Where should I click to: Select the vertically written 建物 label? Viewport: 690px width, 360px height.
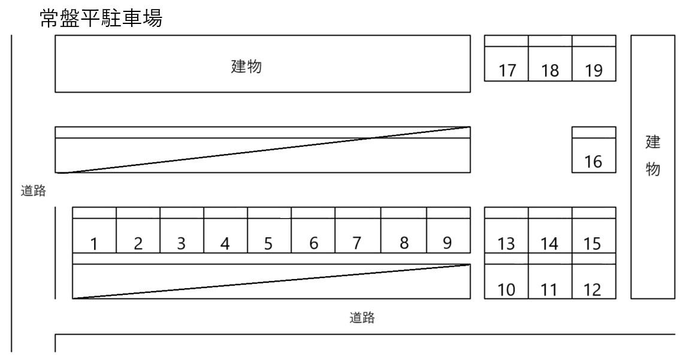point(652,157)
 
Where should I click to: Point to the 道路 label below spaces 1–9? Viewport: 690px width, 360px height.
point(362,319)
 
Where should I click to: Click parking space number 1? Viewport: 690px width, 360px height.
point(94,236)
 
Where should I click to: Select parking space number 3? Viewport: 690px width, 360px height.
point(181,236)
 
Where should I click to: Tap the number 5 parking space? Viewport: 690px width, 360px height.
point(269,236)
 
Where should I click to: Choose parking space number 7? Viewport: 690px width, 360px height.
point(357,236)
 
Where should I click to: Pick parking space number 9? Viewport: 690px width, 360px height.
point(448,236)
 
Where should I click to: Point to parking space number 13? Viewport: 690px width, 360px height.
point(506,236)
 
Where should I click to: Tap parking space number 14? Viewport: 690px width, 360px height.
point(550,236)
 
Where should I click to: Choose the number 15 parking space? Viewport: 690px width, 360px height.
point(594,236)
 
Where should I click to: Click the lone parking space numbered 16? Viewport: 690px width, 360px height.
point(594,156)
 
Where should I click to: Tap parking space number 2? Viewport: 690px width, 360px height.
point(138,236)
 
